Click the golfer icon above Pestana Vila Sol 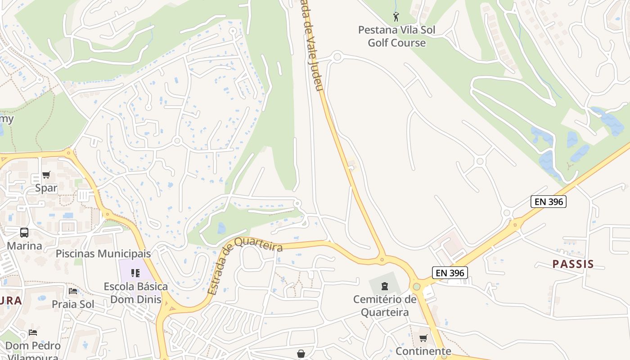coord(396,17)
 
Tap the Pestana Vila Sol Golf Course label coord(396,36)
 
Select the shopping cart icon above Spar coord(46,175)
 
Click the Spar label coord(46,188)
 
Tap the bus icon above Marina coord(24,233)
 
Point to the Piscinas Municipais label coord(103,253)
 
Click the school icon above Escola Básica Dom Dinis coord(135,273)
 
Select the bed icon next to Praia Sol coord(73,291)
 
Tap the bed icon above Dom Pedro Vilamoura coord(33,333)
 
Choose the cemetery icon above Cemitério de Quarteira coord(384,286)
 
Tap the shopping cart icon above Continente coord(423,338)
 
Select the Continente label coord(423,351)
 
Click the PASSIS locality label coord(573,264)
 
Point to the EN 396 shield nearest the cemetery coord(450,272)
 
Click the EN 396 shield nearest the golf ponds coord(548,202)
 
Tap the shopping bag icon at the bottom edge coord(301,354)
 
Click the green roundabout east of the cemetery coord(417,286)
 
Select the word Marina coord(24,246)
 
